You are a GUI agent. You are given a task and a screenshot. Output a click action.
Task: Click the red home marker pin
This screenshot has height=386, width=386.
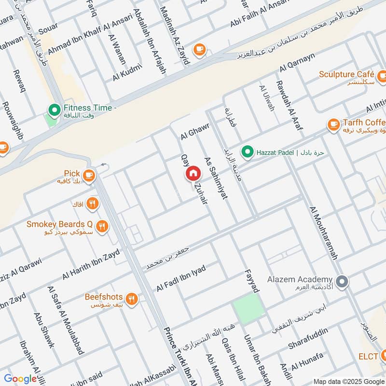click(193, 173)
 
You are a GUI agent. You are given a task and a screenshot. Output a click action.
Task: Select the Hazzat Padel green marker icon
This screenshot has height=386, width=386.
click(248, 152)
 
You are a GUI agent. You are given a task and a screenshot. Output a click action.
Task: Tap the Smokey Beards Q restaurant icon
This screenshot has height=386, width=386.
click(102, 225)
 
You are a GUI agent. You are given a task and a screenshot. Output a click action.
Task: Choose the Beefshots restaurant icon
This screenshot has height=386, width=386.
click(132, 299)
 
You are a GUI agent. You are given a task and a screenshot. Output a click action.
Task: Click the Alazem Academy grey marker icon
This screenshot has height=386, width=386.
click(342, 281)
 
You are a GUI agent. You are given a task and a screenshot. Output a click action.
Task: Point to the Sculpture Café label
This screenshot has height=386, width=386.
click(346, 75)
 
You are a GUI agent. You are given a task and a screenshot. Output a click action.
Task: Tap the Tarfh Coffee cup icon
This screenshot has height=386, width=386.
click(333, 124)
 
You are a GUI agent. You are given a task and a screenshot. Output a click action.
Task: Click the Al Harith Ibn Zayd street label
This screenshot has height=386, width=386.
click(91, 264)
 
